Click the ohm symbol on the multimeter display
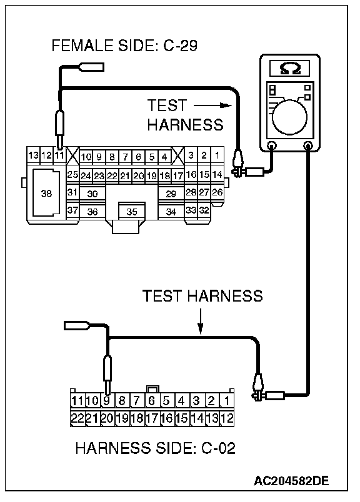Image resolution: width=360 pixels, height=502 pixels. coord(290,69)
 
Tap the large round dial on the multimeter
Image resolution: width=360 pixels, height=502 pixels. coord(289,117)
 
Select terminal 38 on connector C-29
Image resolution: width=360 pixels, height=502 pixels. coord(46,193)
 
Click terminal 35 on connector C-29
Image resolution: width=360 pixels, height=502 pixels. coord(132,211)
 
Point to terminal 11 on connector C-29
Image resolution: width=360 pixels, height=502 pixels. coord(59,155)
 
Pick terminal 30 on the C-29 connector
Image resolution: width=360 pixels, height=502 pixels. coord(92,194)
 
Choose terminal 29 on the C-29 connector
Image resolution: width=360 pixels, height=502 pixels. coord(171,194)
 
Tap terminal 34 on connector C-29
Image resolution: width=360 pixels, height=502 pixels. coord(171,212)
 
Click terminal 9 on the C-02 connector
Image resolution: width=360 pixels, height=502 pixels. coord(107,400)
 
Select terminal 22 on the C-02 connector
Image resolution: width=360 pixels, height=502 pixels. coord(77,418)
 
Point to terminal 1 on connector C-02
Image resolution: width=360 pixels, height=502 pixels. coord(227,400)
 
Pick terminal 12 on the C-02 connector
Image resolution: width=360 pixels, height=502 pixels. coord(227,418)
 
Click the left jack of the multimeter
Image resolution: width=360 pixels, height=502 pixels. coord(272,145)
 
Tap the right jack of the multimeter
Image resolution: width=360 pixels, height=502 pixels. coord(308,145)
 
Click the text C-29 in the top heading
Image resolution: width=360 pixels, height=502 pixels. coord(181,46)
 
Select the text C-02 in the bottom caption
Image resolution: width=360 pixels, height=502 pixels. coord(218,448)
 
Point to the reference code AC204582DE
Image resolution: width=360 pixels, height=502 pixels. coord(291,480)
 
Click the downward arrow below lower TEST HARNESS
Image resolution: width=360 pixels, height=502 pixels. coord(201,322)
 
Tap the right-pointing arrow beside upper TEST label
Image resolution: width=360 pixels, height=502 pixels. coord(212,105)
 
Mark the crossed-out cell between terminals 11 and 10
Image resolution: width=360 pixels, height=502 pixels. coord(72,155)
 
